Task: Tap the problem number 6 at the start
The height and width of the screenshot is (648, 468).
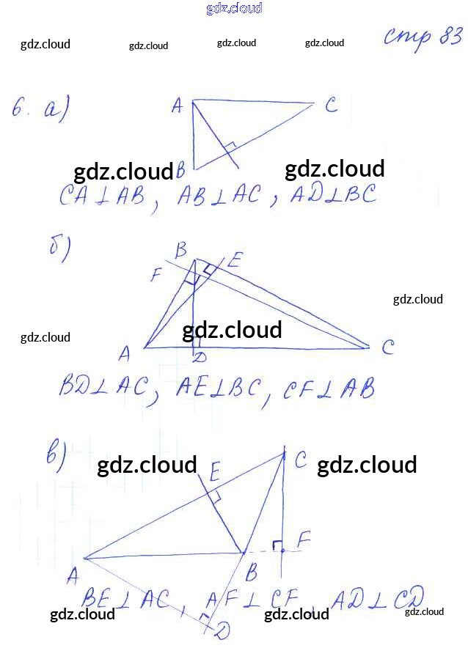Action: [x=20, y=110]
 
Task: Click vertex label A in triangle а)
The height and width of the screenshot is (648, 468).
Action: [x=177, y=107]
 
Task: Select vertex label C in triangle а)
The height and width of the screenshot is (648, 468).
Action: [x=331, y=106]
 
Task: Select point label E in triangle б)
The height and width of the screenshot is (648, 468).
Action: [x=235, y=259]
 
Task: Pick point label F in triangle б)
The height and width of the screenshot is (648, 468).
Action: [x=156, y=276]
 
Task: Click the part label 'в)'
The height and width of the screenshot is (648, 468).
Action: [x=57, y=455]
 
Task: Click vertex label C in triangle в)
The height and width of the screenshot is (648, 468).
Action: [x=300, y=460]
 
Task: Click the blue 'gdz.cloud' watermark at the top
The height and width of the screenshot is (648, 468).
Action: [x=234, y=9]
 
